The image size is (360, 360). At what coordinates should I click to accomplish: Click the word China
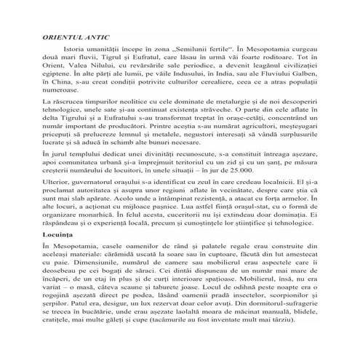55,93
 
